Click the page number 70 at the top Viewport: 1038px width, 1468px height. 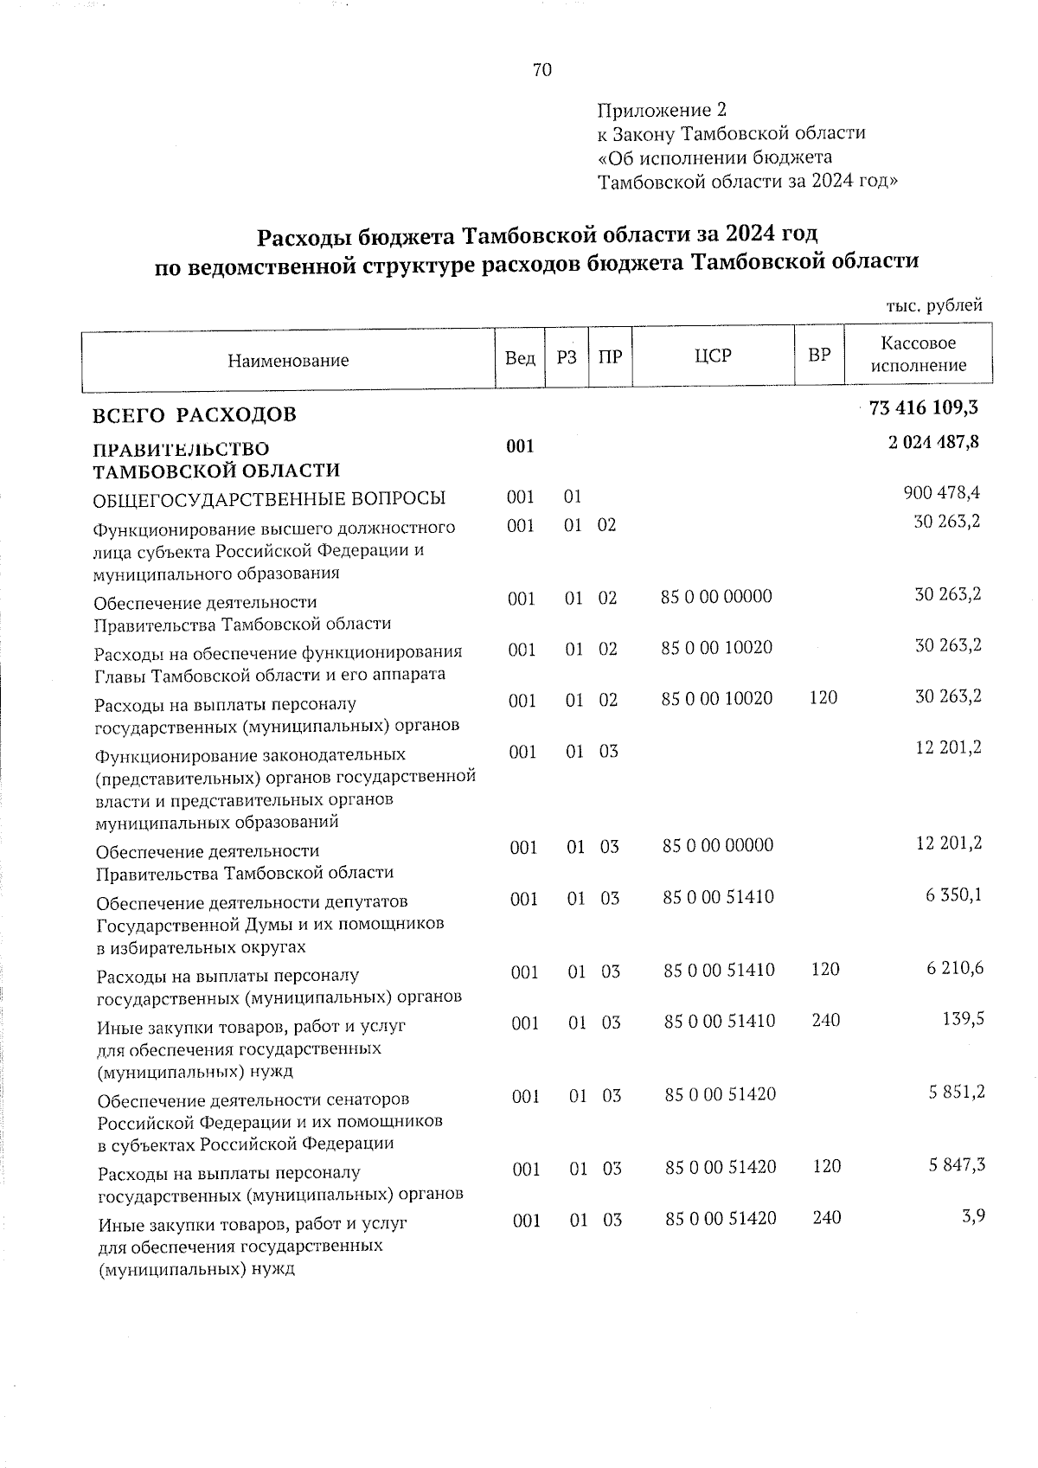click(x=542, y=70)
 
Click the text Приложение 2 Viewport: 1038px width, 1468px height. click(x=662, y=110)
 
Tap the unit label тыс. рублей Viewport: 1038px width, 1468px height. click(x=934, y=305)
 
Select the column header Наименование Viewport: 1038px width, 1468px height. click(x=288, y=360)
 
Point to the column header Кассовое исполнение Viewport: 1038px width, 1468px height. click(x=918, y=355)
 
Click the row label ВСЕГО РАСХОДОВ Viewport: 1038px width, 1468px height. click(x=195, y=414)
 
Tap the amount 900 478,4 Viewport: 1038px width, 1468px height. click(x=941, y=493)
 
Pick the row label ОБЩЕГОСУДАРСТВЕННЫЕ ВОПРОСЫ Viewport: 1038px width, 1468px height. click(x=269, y=498)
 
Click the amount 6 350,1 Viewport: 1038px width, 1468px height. click(x=954, y=896)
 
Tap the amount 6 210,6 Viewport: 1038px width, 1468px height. click(x=955, y=968)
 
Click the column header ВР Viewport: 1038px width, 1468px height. click(x=818, y=356)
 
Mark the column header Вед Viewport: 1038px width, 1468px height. click(x=519, y=357)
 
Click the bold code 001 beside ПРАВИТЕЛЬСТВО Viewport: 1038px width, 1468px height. click(x=520, y=446)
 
